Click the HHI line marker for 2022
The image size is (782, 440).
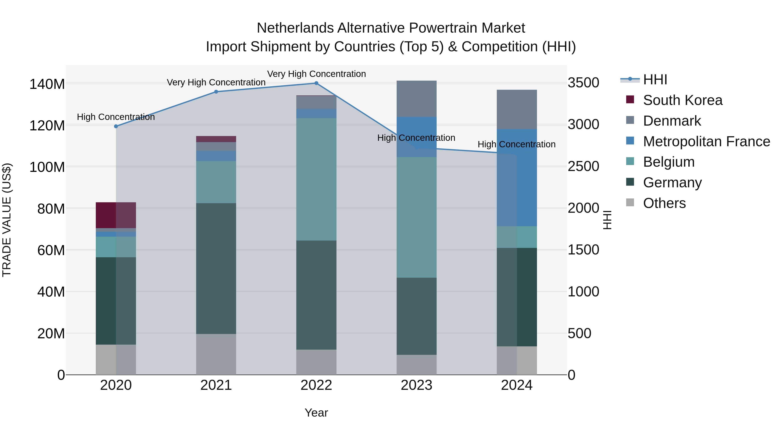pyautogui.click(x=316, y=83)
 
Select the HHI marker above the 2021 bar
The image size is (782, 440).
pyautogui.click(x=216, y=92)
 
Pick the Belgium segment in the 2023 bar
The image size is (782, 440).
pyautogui.click(x=416, y=217)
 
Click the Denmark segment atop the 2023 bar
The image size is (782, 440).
pyautogui.click(x=416, y=99)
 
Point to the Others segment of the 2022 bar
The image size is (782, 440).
pyautogui.click(x=316, y=362)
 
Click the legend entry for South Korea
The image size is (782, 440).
pyautogui.click(x=683, y=100)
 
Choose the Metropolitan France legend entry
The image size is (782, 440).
pyautogui.click(x=706, y=141)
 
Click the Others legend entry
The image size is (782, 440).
pyautogui.click(x=664, y=203)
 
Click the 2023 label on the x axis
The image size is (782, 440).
pyautogui.click(x=416, y=385)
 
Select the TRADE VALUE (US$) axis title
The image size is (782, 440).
pyautogui.click(x=7, y=220)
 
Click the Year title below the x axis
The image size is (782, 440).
pyautogui.click(x=316, y=413)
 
